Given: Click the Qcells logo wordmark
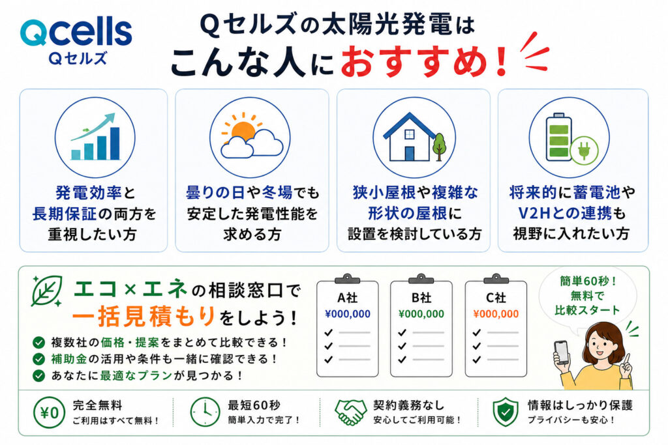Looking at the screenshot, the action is point(76,33).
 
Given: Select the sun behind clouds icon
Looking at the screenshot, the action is point(251,136).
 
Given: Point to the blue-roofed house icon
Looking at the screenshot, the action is point(408,137).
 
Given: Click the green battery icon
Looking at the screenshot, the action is point(559,137).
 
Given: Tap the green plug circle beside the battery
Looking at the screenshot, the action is point(584,150).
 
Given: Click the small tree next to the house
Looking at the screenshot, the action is point(439,147).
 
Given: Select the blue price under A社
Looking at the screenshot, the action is point(348,314).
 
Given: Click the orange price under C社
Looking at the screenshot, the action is point(496,314).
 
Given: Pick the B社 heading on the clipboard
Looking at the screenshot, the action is point(421,297).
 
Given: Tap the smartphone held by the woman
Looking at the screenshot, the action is point(562,351).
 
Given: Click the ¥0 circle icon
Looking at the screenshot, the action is point(50,412).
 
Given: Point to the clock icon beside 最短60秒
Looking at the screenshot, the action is point(205,412).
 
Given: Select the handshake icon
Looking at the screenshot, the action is point(350,412).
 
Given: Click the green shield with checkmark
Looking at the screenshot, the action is point(506,412).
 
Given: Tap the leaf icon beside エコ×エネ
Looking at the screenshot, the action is point(47,291).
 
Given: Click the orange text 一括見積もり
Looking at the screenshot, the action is point(144,317).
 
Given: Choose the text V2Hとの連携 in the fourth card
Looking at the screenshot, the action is point(565,213).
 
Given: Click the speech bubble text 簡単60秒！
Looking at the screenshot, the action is point(588,281).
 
